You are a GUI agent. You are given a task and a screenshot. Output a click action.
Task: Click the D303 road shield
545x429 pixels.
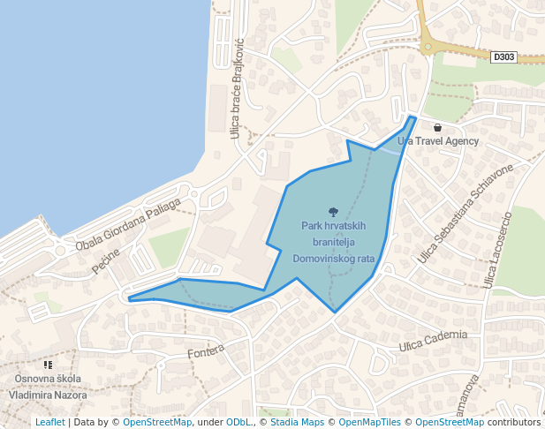pos(503,56)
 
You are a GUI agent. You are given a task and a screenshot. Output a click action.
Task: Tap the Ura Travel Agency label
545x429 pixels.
pos(438,141)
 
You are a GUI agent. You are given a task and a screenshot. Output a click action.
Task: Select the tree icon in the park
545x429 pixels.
pos(333,212)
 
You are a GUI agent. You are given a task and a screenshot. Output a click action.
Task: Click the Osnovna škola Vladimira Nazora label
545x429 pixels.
pos(48,387)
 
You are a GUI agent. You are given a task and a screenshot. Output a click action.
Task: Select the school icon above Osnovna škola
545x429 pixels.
pos(48,365)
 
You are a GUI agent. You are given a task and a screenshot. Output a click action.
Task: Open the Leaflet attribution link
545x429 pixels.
pos(49,422)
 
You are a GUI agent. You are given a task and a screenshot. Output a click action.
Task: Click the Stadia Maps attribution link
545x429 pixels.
pos(295,422)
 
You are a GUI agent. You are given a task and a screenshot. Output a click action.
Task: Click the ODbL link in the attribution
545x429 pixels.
pos(238,422)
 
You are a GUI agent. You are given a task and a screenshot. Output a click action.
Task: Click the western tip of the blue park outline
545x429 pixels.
pos(130,300)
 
